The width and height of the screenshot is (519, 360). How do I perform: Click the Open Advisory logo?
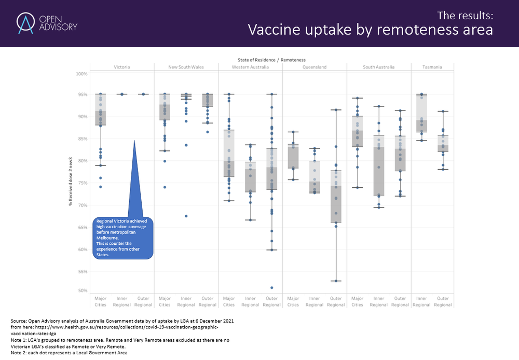click(x=47, y=23)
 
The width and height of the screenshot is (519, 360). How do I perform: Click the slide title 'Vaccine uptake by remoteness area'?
click(x=370, y=30)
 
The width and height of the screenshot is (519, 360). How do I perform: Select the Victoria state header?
click(x=122, y=67)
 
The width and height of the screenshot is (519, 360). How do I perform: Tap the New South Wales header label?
click(x=186, y=67)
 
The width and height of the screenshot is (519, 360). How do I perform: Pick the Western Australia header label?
click(x=250, y=67)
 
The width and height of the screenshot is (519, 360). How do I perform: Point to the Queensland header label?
click(x=315, y=67)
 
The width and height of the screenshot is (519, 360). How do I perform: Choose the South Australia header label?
click(x=378, y=67)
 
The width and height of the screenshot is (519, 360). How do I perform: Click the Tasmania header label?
click(x=432, y=67)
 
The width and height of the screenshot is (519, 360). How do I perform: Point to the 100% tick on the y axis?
click(x=81, y=74)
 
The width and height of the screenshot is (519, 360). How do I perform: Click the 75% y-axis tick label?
click(x=82, y=183)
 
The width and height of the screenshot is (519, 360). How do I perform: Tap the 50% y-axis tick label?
click(x=82, y=290)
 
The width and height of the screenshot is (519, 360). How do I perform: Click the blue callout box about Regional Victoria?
click(x=124, y=238)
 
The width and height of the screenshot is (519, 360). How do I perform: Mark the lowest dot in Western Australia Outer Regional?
click(x=271, y=287)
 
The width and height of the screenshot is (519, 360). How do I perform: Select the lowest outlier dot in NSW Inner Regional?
click(x=186, y=216)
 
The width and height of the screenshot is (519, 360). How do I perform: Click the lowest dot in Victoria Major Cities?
click(x=101, y=187)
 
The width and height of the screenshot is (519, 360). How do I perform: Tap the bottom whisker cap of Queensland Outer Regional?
click(x=336, y=281)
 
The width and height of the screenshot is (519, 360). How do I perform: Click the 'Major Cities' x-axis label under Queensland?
click(x=293, y=301)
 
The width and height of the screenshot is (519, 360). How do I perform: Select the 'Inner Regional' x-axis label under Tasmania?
click(x=421, y=301)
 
